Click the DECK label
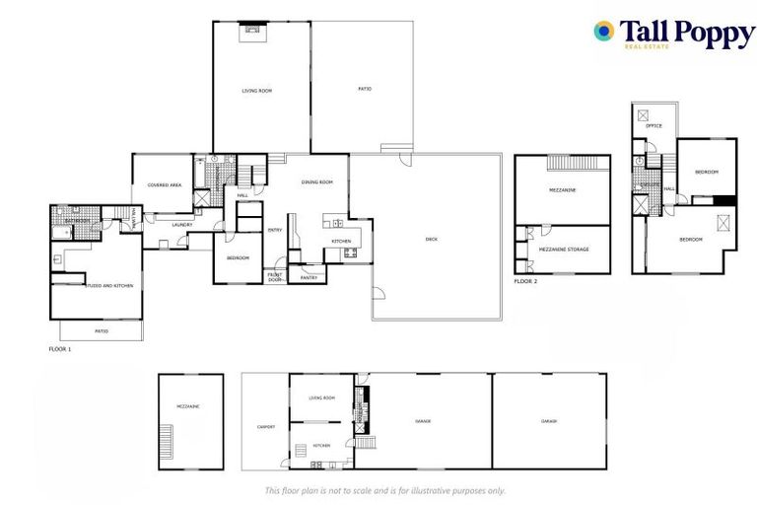coord(431,239)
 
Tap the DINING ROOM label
coord(316,181)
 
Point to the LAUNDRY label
coord(182,225)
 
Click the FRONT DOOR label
coord(274,277)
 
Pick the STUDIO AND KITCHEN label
coord(108,286)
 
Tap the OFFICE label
coord(654,126)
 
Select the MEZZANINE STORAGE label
coord(564,250)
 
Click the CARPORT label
coord(265,427)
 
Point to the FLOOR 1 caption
coord(60,349)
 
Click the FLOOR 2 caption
coord(525,281)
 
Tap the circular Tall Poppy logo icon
coord(603,32)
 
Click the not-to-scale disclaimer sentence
coord(384,490)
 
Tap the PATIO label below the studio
coord(101,331)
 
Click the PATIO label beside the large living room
coord(364,90)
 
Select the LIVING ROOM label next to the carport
coord(321,397)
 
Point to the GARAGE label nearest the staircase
coord(423,421)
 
